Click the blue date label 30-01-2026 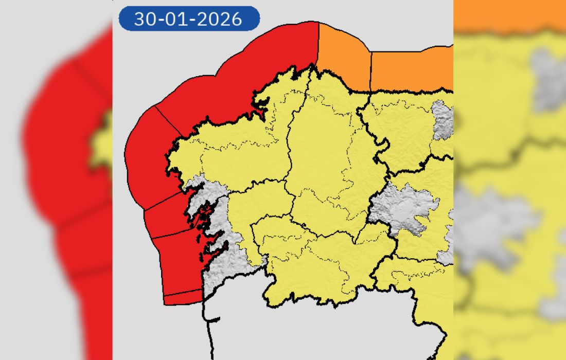[x=189, y=19]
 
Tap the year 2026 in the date [x=222, y=19]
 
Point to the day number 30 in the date [x=145, y=19]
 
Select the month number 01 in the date [x=182, y=19]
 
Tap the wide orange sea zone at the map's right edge [x=412, y=69]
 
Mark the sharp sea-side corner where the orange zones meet [x=371, y=51]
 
